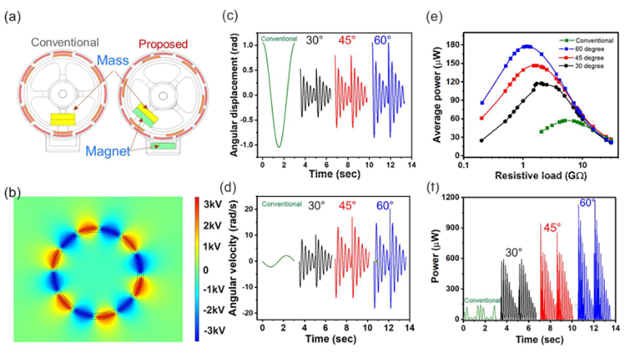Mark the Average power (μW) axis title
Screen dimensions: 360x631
pyautogui.click(x=438, y=91)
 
